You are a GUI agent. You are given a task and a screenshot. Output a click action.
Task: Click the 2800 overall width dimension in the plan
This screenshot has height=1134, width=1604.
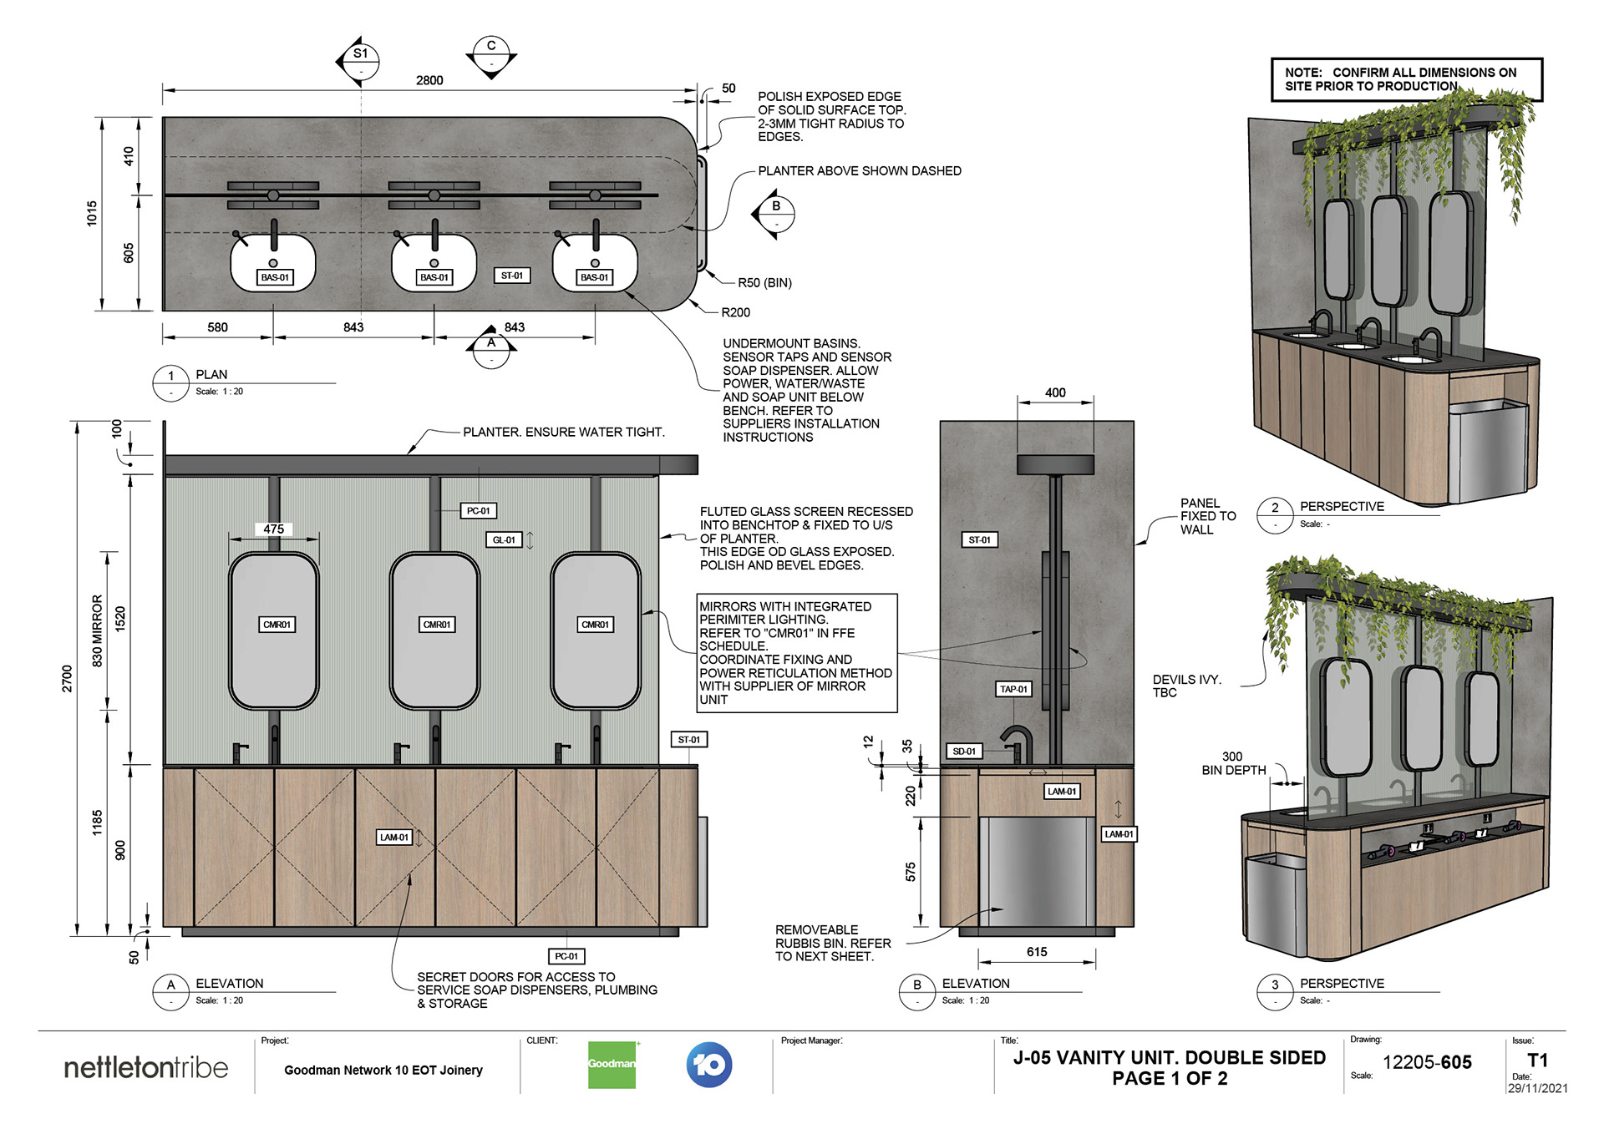pos(429,80)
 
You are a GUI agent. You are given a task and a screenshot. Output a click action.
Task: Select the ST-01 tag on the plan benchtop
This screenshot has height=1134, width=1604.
pos(511,276)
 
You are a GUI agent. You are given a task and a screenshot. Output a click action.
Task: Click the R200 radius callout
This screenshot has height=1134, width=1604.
pos(735,312)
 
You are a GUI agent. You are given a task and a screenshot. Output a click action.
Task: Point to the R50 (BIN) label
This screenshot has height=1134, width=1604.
pos(764,283)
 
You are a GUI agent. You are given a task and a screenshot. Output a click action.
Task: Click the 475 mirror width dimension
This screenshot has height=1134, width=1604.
pos(273,529)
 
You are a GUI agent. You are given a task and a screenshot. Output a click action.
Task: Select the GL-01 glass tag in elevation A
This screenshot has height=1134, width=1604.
pos(504,540)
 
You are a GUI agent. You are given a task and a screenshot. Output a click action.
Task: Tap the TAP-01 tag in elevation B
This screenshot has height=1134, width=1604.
pos(1013,689)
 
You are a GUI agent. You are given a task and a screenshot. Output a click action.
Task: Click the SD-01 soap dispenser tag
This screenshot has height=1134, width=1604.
pos(964,752)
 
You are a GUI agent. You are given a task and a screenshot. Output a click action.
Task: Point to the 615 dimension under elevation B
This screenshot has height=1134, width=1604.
pos(1036,952)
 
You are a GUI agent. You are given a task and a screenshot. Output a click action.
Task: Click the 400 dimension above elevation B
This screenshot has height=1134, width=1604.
pos(1055,392)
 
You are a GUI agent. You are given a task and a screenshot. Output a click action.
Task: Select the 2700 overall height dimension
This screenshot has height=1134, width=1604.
pos(67,678)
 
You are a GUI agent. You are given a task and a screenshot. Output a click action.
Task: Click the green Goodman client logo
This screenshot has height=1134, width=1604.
pos(612,1065)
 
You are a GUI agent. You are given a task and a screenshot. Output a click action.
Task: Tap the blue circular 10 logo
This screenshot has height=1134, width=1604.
pos(709,1065)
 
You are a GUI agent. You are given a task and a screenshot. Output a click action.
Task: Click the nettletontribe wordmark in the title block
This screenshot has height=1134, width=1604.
pos(145,1068)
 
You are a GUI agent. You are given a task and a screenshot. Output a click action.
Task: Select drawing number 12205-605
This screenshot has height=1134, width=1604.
pos(1427,1062)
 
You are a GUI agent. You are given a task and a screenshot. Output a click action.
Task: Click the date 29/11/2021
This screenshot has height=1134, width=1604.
pos(1537,1088)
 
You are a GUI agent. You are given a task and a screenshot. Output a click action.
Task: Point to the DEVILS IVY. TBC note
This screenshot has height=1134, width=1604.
pos(1186,686)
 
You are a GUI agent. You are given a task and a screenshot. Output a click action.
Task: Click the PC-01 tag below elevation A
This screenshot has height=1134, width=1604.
pos(566,956)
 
